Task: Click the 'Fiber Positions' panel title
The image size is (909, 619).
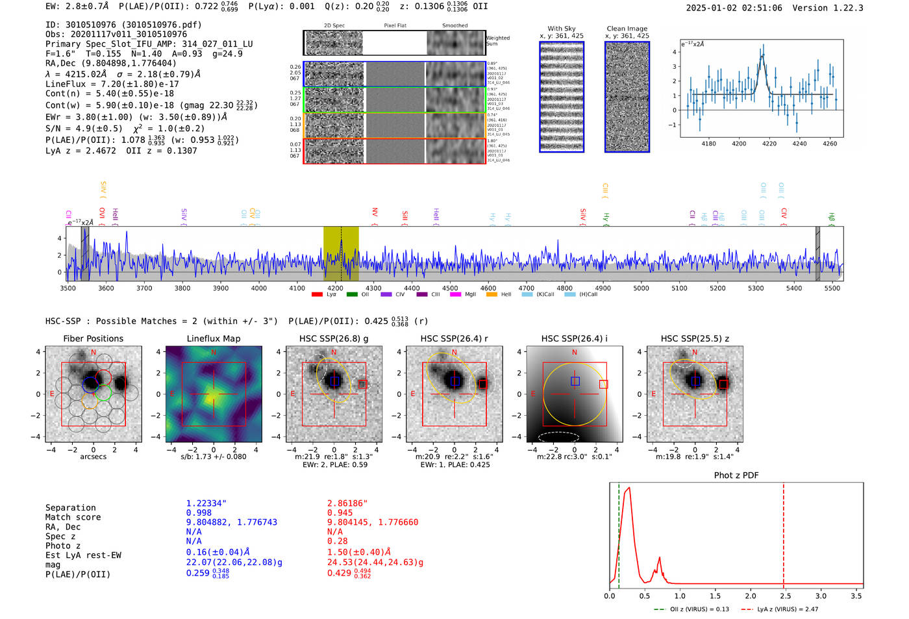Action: [93, 338]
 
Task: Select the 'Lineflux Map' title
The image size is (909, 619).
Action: [213, 338]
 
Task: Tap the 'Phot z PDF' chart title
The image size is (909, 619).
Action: [736, 475]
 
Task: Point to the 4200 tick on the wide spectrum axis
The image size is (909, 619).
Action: [335, 288]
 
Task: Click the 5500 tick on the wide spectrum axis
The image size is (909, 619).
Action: [832, 288]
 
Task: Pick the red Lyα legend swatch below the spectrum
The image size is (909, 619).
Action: [317, 294]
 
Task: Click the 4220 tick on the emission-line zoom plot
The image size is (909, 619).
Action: [769, 144]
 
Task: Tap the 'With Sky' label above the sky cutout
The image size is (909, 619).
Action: [561, 29]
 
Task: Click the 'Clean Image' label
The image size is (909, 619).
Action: [627, 29]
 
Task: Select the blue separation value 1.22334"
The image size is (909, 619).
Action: [206, 503]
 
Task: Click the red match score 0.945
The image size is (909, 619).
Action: [340, 512]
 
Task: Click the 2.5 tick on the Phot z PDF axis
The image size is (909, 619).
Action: [784, 596]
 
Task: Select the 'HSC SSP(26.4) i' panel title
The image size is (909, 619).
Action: [574, 338]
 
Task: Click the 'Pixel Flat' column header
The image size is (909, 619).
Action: [395, 25]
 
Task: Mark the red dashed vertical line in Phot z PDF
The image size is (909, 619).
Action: [784, 533]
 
